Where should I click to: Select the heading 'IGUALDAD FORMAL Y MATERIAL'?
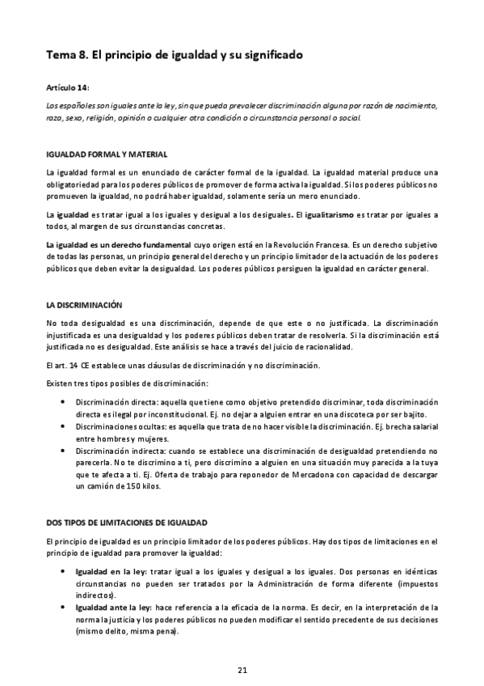tap(107, 154)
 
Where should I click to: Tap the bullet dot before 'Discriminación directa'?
tap(64, 402)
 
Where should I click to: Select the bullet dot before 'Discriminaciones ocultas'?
tap(64, 426)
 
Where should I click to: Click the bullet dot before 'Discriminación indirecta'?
tap(64, 449)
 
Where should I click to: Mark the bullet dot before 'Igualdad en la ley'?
tap(64, 571)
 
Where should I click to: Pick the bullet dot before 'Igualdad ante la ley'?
tap(64, 606)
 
